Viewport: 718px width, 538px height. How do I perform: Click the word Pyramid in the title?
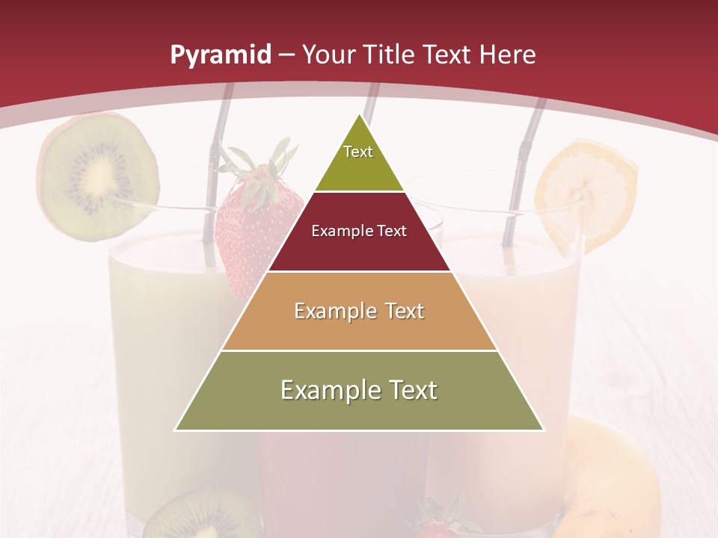point(220,55)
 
